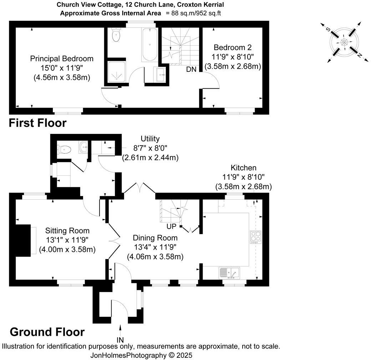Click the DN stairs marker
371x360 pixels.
click(191, 69)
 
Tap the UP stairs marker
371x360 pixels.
click(171, 226)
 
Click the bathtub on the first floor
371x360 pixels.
click(150, 45)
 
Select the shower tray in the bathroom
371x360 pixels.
click(116, 72)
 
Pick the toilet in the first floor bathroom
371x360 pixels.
click(116, 35)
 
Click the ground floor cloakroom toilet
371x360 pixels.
click(64, 149)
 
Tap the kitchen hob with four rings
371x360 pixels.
click(256, 237)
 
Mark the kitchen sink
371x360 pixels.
click(229, 272)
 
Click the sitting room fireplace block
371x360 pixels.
click(23, 240)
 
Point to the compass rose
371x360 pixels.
click(344, 42)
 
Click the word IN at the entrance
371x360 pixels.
click(120, 340)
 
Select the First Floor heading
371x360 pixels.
click(37, 123)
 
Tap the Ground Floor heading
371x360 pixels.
click(47, 332)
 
